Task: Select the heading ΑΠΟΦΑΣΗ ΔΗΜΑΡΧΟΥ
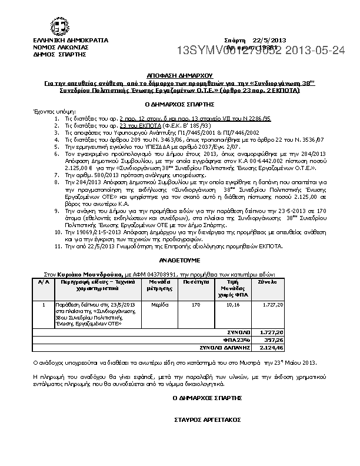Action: click(x=180, y=76)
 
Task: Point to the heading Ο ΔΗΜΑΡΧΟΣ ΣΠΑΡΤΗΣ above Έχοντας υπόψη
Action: click(x=180, y=104)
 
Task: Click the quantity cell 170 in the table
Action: click(x=196, y=305)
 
